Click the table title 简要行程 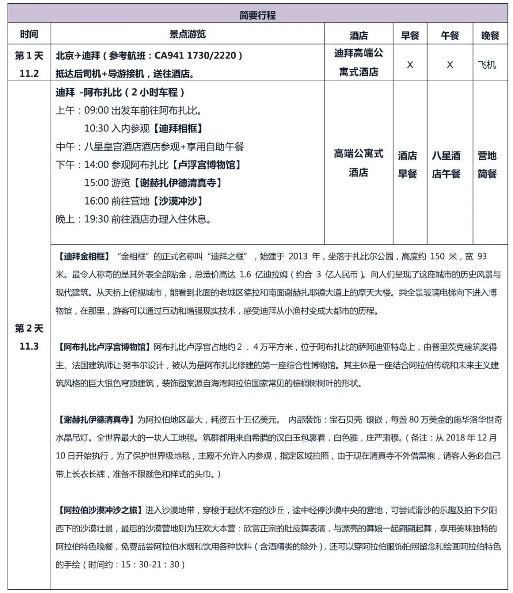click(x=257, y=15)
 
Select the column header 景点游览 click(x=188, y=34)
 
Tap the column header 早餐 click(x=409, y=35)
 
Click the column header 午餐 click(x=449, y=35)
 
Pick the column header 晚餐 click(x=490, y=35)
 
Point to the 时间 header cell click(x=29, y=34)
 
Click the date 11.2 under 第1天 click(x=29, y=73)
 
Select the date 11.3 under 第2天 click(x=29, y=346)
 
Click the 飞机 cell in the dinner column click(x=486, y=65)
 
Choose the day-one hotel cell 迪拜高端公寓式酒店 click(x=359, y=63)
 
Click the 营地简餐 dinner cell click(x=487, y=164)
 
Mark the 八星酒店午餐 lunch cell click(x=446, y=164)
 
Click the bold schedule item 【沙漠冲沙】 click(x=178, y=201)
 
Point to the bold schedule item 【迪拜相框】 click(x=178, y=129)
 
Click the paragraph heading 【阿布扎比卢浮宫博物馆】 click(x=104, y=347)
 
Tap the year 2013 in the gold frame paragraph click(x=298, y=257)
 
